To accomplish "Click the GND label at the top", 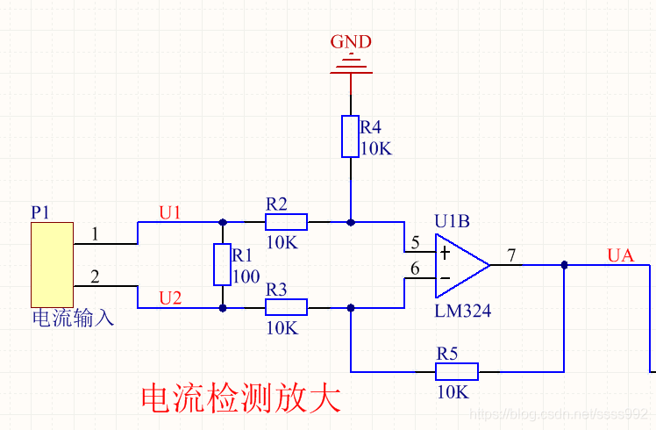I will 351,41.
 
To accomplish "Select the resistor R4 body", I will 351,136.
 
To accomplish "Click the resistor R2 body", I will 286,221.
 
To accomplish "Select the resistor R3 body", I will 286,307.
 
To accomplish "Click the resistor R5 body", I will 457,371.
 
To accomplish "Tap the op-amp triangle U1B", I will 458,265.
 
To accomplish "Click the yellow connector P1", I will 51,264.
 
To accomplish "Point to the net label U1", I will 170,212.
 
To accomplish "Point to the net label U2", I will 170,298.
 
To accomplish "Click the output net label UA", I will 620,255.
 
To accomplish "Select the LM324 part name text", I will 462,311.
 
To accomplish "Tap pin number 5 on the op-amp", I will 415,241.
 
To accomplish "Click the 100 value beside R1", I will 246,276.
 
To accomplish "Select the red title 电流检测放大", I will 239,398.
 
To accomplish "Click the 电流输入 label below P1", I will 73,317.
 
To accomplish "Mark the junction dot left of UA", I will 564,265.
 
